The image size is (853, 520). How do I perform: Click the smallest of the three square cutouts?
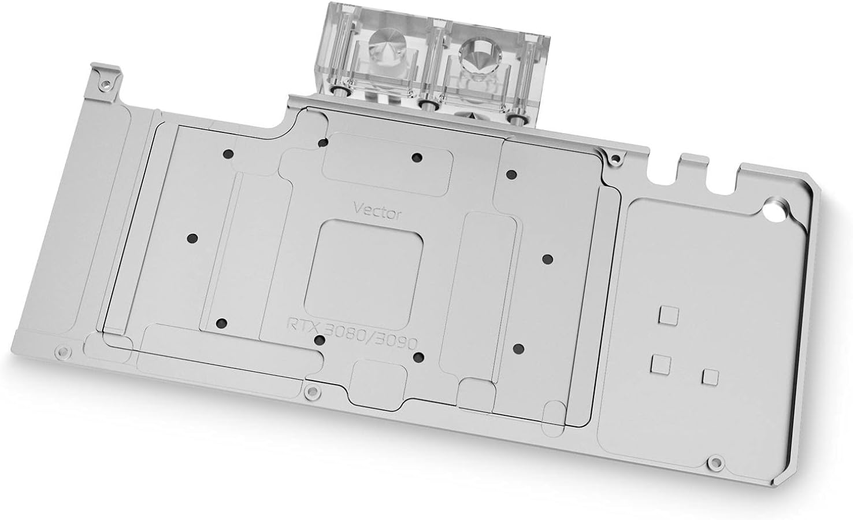(x=710, y=377)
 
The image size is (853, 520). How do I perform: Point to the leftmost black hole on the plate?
(x=193, y=238)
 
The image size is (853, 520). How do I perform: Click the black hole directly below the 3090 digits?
(x=419, y=357)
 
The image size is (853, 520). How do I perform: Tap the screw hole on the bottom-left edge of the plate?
(x=60, y=351)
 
